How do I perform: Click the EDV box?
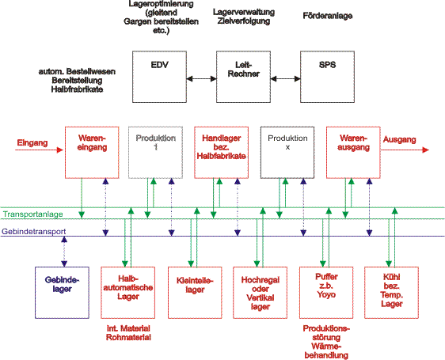pyautogui.click(x=159, y=77)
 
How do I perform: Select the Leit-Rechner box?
pyautogui.click(x=244, y=77)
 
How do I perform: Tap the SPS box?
pyautogui.click(x=328, y=77)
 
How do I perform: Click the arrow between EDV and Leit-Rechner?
pyautogui.click(x=201, y=79)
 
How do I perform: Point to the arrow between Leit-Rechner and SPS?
pyautogui.click(x=286, y=79)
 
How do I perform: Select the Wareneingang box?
pyautogui.click(x=92, y=153)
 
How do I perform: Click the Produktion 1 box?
pyautogui.click(x=155, y=153)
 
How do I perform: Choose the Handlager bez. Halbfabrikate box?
pyautogui.click(x=222, y=153)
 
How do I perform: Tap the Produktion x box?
pyautogui.click(x=287, y=153)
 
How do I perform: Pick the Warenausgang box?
pyautogui.click(x=353, y=153)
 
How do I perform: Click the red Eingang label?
pyautogui.click(x=32, y=142)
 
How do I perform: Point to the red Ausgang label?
pyautogui.click(x=400, y=139)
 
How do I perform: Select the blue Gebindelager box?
pyautogui.click(x=62, y=293)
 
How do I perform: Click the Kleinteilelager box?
pyautogui.click(x=195, y=293)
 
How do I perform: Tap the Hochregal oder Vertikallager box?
pyautogui.click(x=260, y=293)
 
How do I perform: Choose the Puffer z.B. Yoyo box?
pyautogui.click(x=326, y=293)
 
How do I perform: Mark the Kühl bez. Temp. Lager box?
pyautogui.click(x=392, y=293)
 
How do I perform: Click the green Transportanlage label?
pyautogui.click(x=33, y=214)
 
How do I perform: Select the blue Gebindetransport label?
pyautogui.click(x=34, y=232)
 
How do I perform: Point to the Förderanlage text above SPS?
pyautogui.click(x=328, y=16)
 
